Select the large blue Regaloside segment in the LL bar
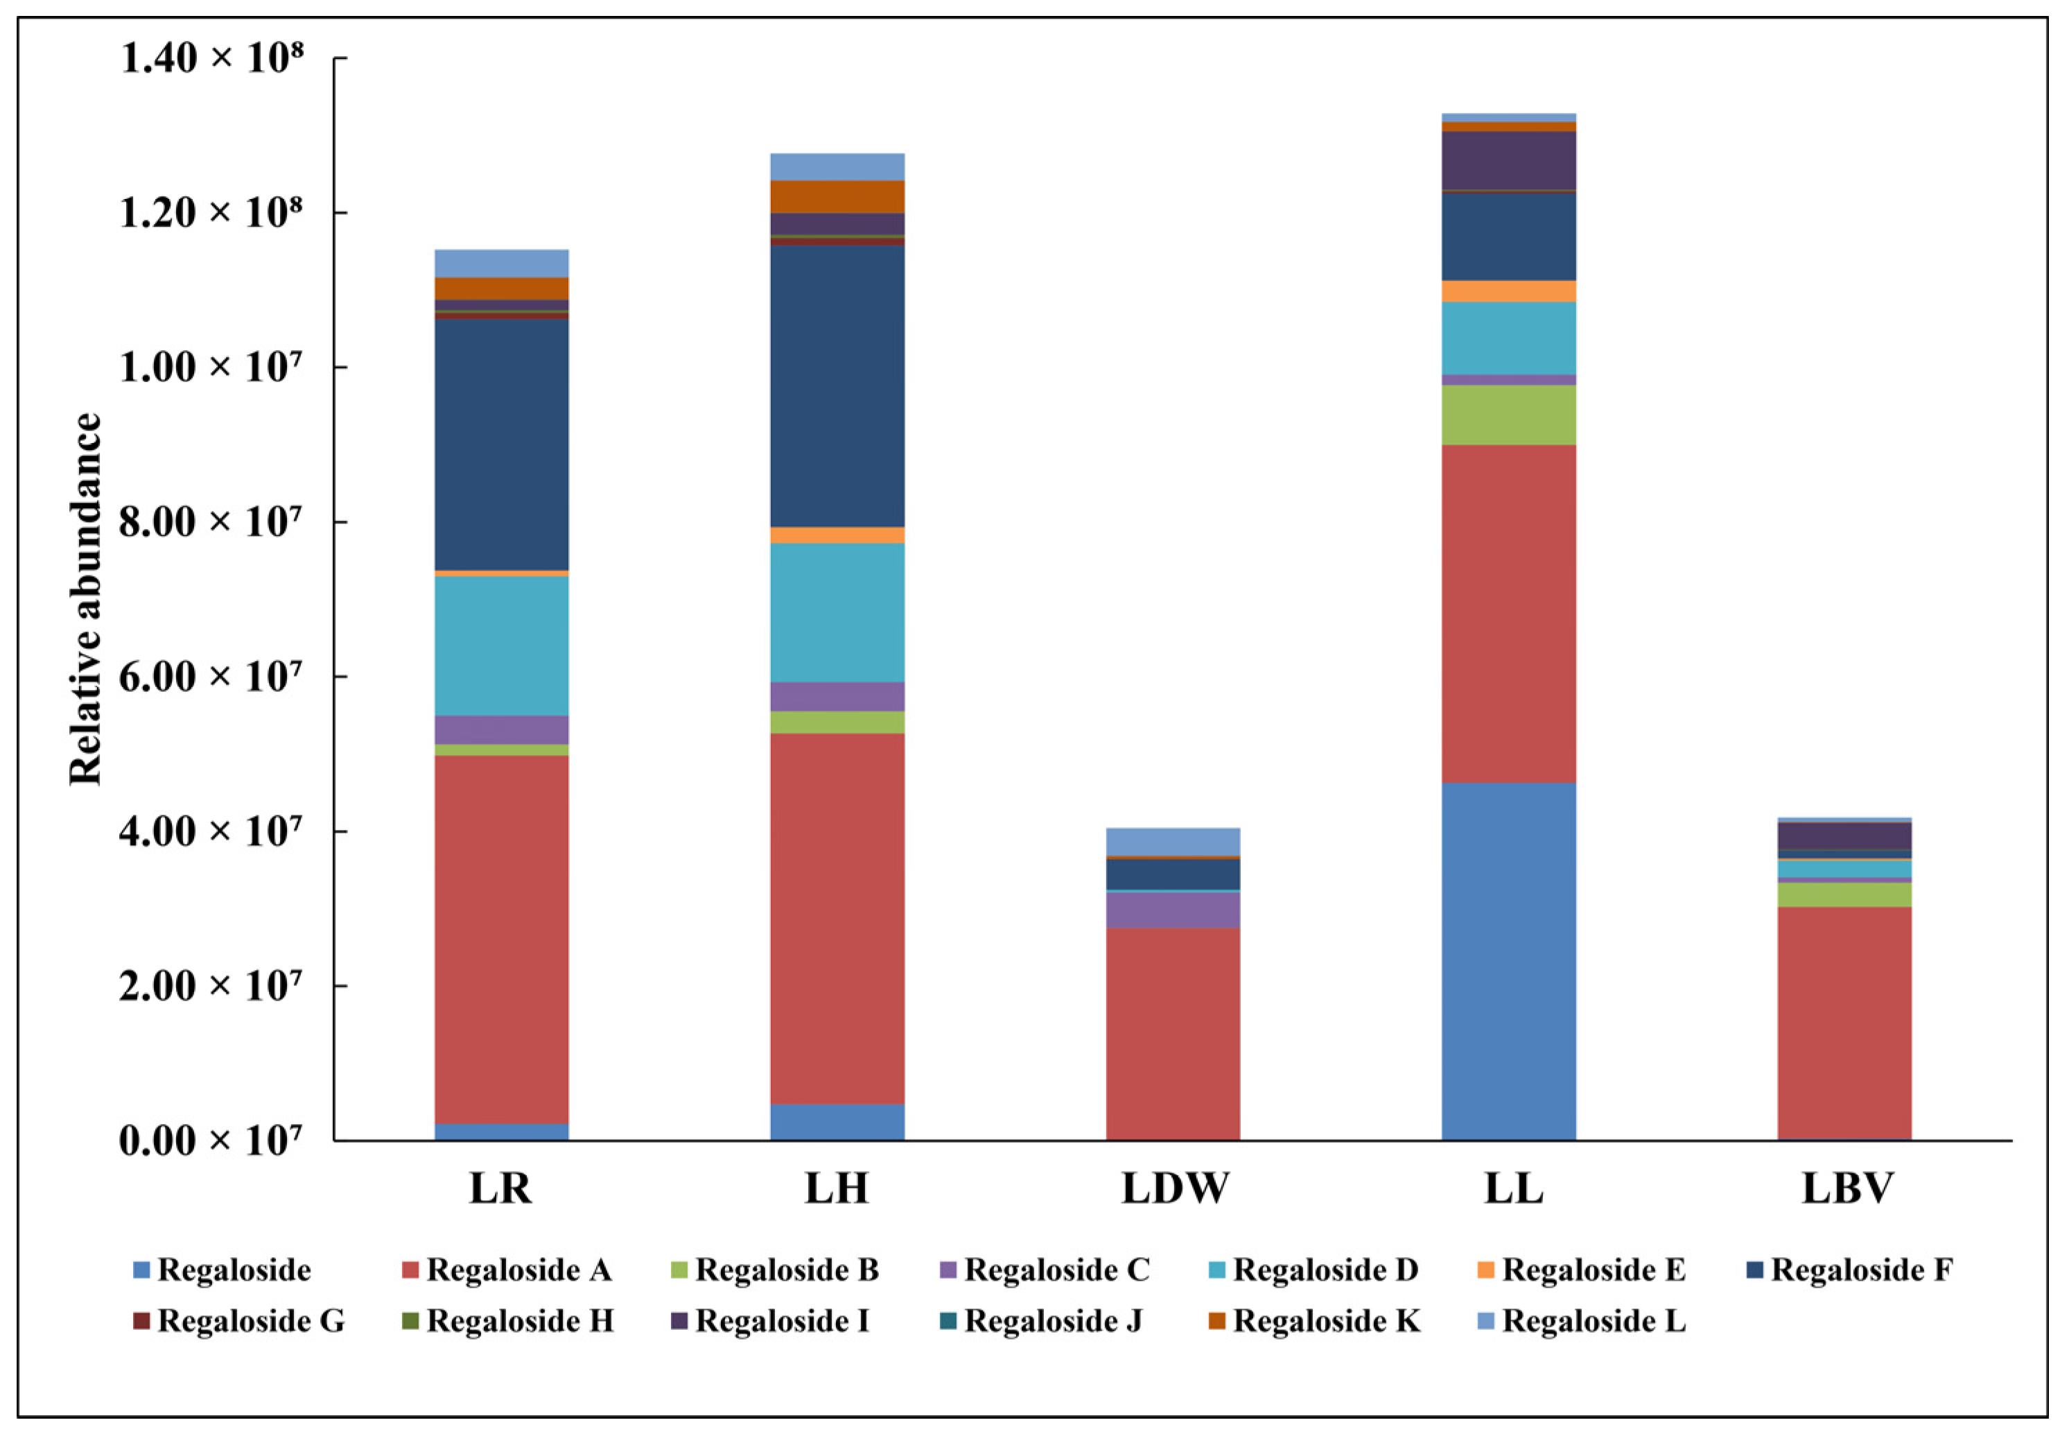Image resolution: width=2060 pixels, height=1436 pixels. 1508,960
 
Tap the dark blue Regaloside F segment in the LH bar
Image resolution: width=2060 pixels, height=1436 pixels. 837,386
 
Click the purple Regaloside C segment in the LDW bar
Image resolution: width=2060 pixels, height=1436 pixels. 1173,909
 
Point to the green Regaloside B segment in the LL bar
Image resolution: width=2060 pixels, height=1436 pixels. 1508,415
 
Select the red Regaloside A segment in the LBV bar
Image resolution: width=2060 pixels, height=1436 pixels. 1844,1023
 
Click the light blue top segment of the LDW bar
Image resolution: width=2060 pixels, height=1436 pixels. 1173,841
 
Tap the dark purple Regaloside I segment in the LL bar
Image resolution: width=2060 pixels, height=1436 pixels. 1508,159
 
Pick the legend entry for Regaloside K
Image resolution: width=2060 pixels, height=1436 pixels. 1325,1321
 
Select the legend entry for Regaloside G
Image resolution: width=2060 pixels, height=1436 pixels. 250,1321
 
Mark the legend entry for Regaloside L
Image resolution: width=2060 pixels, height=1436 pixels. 1594,1321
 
